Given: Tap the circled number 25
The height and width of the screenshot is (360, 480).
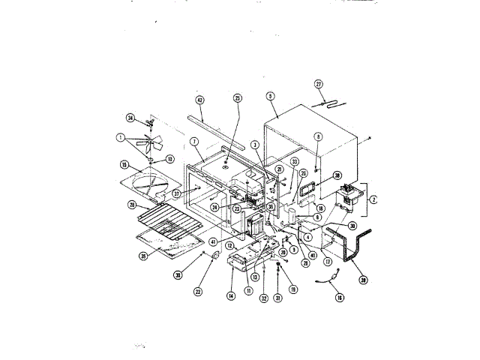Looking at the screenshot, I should [238, 98].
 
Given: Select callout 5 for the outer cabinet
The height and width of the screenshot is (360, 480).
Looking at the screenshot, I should [270, 96].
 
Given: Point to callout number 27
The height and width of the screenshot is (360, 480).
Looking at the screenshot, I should [318, 84].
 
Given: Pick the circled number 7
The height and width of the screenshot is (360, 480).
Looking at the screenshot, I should [193, 142].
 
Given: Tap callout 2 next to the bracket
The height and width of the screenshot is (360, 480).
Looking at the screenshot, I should [373, 200].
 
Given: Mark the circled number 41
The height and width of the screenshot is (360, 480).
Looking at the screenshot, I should [213, 241].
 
